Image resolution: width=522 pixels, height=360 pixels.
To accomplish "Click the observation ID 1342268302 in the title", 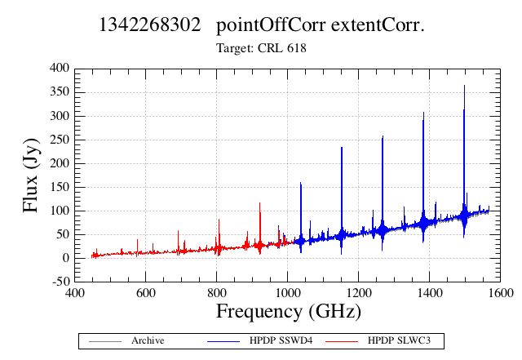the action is point(150,24).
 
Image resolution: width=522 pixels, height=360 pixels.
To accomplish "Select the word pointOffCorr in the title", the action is point(271,25).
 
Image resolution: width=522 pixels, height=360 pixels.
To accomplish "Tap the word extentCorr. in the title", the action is point(378,25).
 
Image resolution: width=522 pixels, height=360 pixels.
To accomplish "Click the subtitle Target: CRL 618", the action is point(261,48).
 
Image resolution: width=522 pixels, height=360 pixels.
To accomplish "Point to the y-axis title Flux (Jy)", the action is point(31,176).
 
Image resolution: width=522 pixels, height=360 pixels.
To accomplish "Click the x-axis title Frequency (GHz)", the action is point(289,312).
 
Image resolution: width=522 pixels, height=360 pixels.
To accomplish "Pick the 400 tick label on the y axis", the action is point(60,68).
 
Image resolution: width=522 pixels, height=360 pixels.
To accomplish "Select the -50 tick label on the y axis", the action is point(60,282).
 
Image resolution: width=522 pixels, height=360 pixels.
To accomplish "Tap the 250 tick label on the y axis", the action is point(60,139).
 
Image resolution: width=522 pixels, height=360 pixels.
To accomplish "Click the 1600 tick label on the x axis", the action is point(500,293).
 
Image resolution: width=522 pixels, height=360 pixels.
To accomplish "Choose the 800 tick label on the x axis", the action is point(216,293).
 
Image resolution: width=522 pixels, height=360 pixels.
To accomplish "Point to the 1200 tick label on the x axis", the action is point(359,293).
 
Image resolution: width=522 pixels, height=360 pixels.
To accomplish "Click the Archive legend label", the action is point(148,340).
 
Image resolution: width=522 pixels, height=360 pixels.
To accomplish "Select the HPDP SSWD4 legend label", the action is point(281,340).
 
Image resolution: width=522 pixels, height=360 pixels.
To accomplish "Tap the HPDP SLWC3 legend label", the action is point(399,340).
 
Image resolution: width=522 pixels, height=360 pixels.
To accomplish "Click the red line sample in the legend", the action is point(342,341).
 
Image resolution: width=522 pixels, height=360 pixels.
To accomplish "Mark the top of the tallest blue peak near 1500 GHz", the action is point(464,86).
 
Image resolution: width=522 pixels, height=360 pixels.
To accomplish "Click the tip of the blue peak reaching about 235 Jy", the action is point(342,147).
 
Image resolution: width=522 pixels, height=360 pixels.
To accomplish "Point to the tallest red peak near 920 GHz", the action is point(259,202).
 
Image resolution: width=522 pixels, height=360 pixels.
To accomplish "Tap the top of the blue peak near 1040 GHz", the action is point(301,183).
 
